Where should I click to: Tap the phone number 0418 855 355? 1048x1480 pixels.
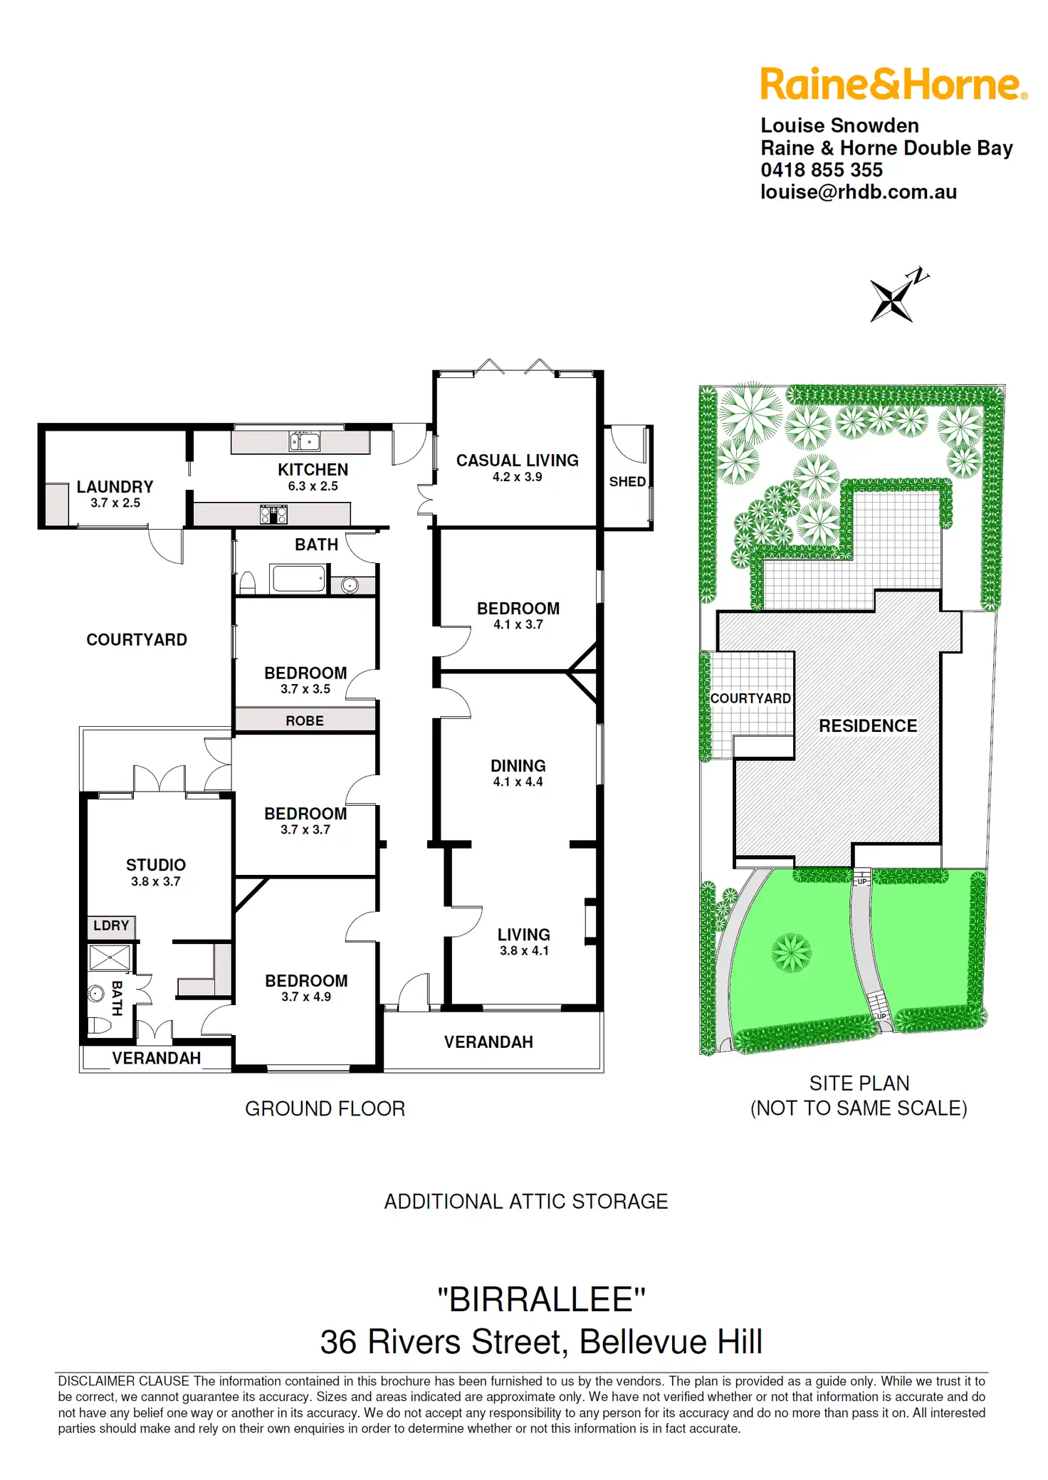click(821, 170)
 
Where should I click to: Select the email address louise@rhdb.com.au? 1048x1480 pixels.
click(858, 192)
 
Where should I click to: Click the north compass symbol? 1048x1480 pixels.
click(896, 295)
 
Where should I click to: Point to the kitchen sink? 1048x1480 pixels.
click(305, 441)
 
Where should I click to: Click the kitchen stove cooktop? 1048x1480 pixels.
click(273, 514)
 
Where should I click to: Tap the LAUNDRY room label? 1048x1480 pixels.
click(115, 487)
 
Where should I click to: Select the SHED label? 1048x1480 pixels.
click(627, 482)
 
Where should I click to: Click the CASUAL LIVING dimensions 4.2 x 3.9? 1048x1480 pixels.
click(517, 477)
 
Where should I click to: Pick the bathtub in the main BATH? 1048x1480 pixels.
click(299, 578)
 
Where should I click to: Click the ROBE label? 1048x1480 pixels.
click(305, 721)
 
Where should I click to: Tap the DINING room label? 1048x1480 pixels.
click(518, 766)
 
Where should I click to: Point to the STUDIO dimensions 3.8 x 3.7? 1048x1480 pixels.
click(155, 881)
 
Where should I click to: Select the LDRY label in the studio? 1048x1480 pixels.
click(111, 925)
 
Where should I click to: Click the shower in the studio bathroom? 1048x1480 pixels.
click(110, 957)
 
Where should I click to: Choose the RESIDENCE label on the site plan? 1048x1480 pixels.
click(867, 725)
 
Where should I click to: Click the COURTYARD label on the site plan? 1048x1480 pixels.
click(750, 698)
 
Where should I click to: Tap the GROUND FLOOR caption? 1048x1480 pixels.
click(325, 1108)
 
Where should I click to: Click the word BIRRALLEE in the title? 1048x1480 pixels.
click(541, 1300)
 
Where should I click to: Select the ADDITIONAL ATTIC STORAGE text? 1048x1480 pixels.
click(525, 1202)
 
